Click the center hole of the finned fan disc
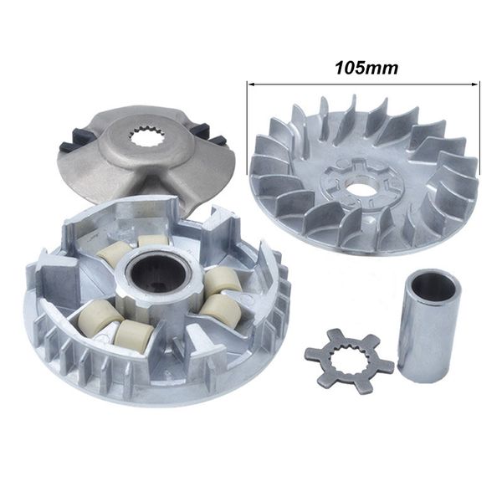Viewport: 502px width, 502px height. [361, 187]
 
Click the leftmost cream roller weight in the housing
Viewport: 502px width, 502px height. [100, 317]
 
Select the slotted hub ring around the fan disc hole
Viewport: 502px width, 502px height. [361, 176]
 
